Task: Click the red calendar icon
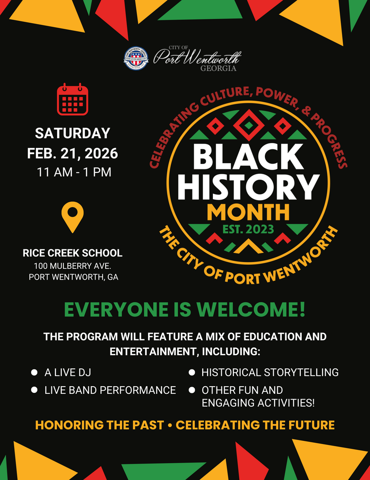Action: [72, 99]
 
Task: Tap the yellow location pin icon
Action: [72, 216]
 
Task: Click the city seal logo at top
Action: [136, 59]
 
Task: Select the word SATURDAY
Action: [72, 133]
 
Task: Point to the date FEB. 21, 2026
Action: [72, 153]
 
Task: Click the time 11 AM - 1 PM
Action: [74, 172]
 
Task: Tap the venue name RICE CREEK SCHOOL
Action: [72, 253]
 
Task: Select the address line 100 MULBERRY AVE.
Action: [72, 266]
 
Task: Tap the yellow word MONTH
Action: [248, 212]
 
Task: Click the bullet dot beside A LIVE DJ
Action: [34, 372]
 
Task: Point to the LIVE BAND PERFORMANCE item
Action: [110, 390]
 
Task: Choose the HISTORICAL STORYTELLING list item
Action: [270, 372]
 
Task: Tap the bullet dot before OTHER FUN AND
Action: [192, 390]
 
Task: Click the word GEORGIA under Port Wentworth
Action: [218, 69]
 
